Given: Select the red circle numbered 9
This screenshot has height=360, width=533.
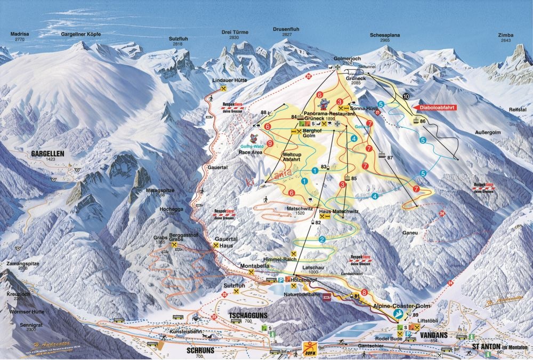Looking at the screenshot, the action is tap(270, 143).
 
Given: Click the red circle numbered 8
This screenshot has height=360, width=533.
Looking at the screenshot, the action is tap(365, 292).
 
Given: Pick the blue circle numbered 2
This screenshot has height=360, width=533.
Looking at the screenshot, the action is tap(322, 240).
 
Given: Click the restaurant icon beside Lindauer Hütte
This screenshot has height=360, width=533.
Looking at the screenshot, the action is tap(224, 89).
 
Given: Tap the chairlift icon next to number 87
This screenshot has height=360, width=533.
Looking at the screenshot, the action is tap(382, 156).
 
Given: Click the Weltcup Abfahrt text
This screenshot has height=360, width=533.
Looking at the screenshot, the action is tap(292, 156).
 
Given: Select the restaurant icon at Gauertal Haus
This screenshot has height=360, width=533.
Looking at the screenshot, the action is tap(216, 246).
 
